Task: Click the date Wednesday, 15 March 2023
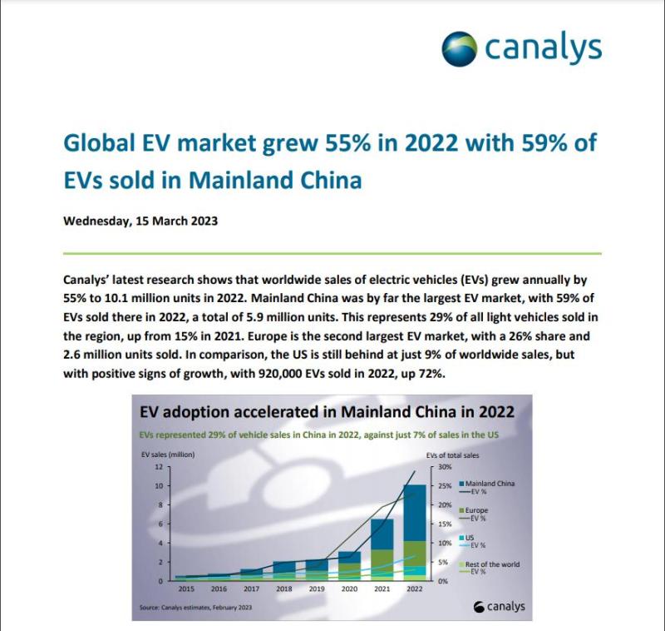[x=140, y=221]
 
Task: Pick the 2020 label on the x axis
[x=348, y=587]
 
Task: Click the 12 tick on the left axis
[x=158, y=466]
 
